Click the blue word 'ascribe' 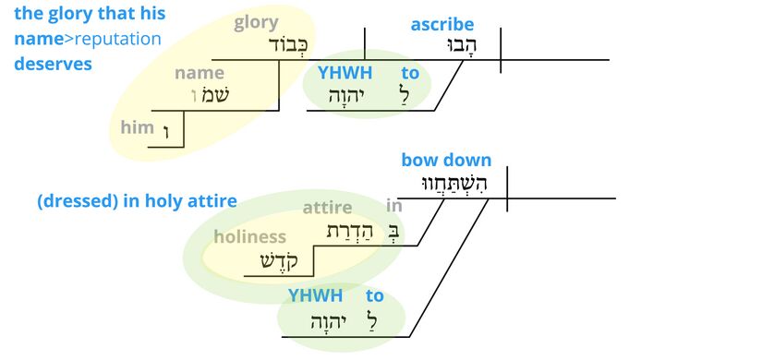442,25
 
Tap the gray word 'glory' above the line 257,23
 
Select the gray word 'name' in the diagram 200,73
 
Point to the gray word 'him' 137,127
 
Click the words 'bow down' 446,161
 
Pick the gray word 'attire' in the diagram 327,208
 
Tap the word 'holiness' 249,237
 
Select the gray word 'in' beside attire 394,207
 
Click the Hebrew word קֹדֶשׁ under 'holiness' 281,261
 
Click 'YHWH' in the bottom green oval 315,296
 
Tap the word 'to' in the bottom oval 374,296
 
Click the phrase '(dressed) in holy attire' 137,201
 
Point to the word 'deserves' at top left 53,64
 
